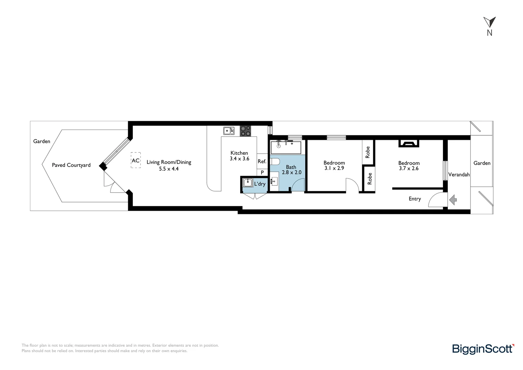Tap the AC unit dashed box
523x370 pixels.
tap(136, 160)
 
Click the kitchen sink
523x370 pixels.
tap(229, 131)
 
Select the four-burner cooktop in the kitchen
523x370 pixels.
tap(245, 131)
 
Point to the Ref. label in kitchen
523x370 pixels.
tap(262, 161)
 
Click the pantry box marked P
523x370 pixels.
tap(262, 173)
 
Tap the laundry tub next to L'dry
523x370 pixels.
tap(247, 183)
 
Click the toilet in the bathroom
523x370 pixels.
tap(275, 161)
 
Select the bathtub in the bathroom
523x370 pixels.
tap(286, 147)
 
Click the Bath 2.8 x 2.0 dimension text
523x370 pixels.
tap(291, 172)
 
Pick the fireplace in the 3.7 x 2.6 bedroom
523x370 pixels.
tap(409, 144)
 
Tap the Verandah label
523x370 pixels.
tap(459, 175)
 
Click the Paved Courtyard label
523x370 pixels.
tap(71, 165)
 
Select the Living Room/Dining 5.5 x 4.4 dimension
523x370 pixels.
tap(169, 169)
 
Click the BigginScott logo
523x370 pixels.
tap(483, 349)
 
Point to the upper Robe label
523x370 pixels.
tap(368, 152)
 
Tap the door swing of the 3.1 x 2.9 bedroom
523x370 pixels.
tap(352, 185)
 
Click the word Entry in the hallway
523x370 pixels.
tap(414, 199)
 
